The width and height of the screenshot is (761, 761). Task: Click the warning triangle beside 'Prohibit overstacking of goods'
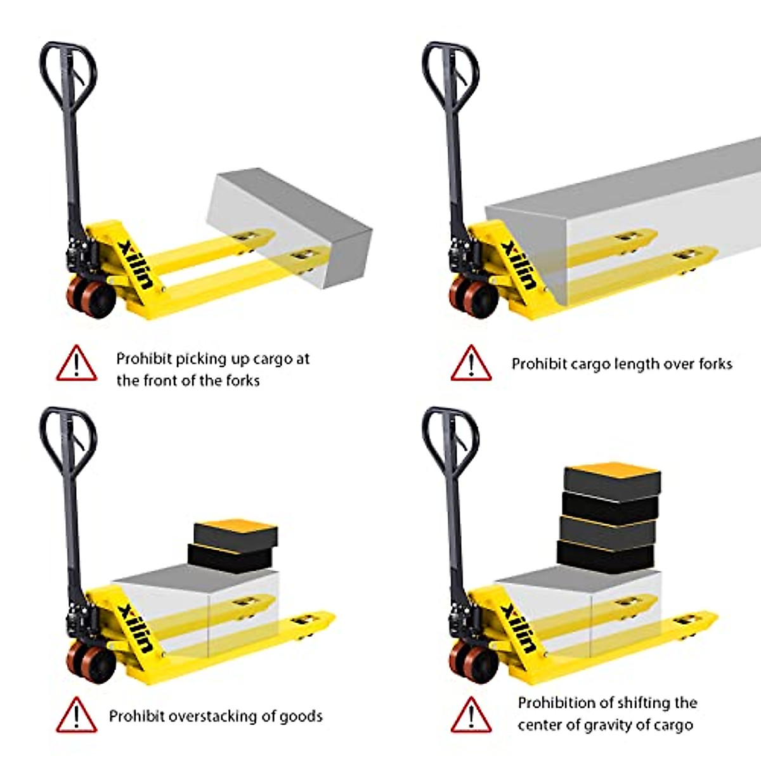tap(76, 715)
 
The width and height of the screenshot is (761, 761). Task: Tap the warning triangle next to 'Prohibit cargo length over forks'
tap(471, 363)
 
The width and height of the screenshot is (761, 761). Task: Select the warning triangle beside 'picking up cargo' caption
tap(76, 363)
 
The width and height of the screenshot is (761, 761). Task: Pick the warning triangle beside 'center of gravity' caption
tap(471, 715)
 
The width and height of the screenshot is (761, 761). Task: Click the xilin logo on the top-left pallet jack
tap(135, 263)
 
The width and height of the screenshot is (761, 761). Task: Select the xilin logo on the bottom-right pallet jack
tap(517, 628)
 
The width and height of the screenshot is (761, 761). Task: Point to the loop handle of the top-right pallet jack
tap(450, 70)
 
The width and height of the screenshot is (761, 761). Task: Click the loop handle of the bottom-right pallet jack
tap(450, 436)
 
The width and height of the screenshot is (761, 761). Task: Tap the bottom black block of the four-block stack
tap(605, 556)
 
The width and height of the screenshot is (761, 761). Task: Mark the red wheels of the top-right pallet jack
tap(474, 297)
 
